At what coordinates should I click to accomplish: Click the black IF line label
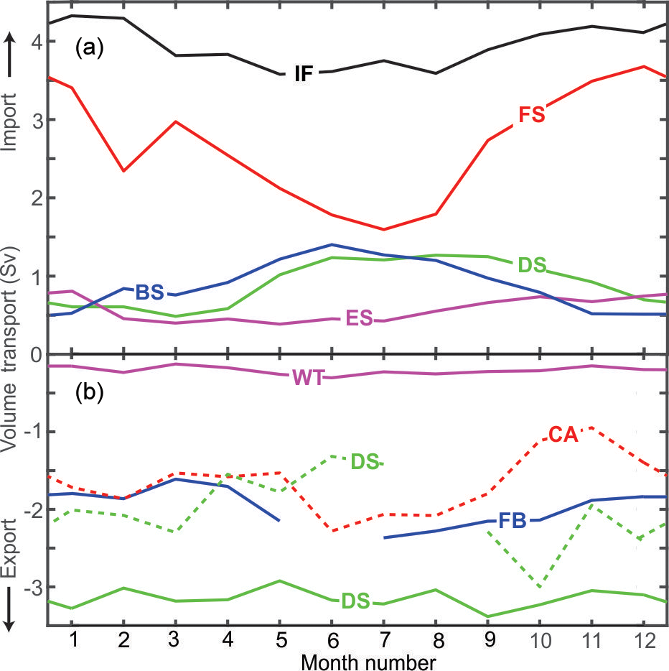click(x=304, y=73)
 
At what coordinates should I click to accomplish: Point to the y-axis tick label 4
click(x=34, y=42)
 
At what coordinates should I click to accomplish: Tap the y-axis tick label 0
click(x=34, y=354)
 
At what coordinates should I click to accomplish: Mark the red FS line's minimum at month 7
click(x=384, y=230)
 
